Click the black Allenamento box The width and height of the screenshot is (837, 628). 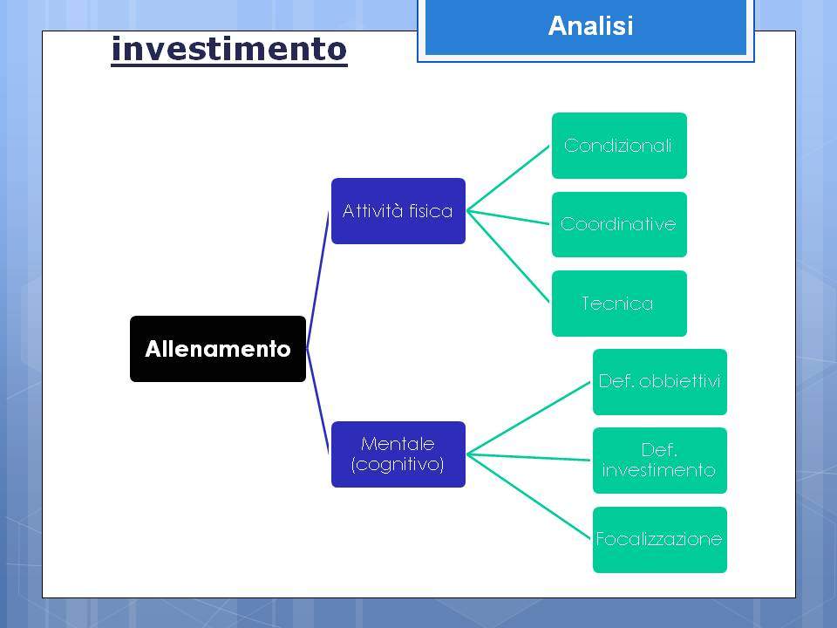pyautogui.click(x=218, y=349)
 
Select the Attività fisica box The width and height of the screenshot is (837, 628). pyautogui.click(x=398, y=211)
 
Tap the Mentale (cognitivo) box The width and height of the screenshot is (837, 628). pyautogui.click(x=398, y=454)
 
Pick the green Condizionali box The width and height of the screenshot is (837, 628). pyautogui.click(x=619, y=146)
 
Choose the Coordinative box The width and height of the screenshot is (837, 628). pyautogui.click(x=619, y=224)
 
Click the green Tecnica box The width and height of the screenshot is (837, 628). pyautogui.click(x=619, y=304)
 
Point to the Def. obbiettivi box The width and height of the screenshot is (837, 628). pyautogui.click(x=660, y=382)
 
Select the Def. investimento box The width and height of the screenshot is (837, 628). pyautogui.click(x=660, y=461)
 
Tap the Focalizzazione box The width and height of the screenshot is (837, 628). pyautogui.click(x=660, y=540)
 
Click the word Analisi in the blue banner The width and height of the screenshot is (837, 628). pyautogui.click(x=590, y=25)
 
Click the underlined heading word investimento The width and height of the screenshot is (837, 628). pyautogui.click(x=229, y=49)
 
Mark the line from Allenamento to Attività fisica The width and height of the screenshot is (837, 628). pyautogui.click(x=317, y=280)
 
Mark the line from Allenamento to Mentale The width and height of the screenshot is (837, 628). pyautogui.click(x=317, y=401)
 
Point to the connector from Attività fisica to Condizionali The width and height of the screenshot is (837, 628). pyautogui.click(x=508, y=178)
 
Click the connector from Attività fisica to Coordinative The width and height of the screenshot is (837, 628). pyautogui.click(x=508, y=217)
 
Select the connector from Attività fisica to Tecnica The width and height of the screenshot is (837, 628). pyautogui.click(x=508, y=256)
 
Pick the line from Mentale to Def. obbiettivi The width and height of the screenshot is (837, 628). pyautogui.click(x=528, y=418)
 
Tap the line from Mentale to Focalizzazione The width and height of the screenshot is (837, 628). pyautogui.click(x=528, y=496)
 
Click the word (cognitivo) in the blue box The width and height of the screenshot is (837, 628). pyautogui.click(x=398, y=464)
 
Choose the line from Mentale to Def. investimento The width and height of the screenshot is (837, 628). pyautogui.click(x=528, y=457)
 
